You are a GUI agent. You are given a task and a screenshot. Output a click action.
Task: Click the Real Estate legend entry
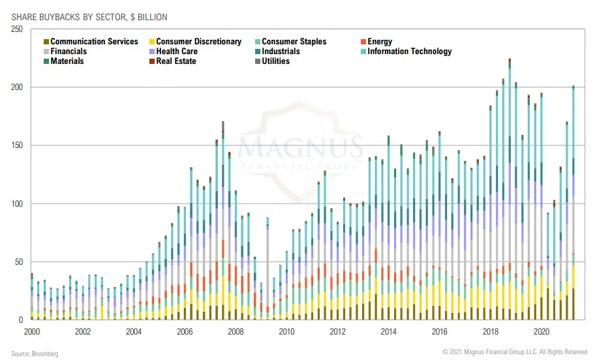click(176, 61)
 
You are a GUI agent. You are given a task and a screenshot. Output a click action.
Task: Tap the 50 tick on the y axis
click(19, 262)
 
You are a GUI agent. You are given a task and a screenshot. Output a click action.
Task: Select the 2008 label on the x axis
click(236, 332)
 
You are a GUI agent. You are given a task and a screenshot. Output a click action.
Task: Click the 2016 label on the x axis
click(440, 332)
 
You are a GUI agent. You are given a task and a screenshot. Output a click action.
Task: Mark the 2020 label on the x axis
click(542, 332)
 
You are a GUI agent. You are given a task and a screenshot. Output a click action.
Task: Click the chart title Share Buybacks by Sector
click(85, 16)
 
